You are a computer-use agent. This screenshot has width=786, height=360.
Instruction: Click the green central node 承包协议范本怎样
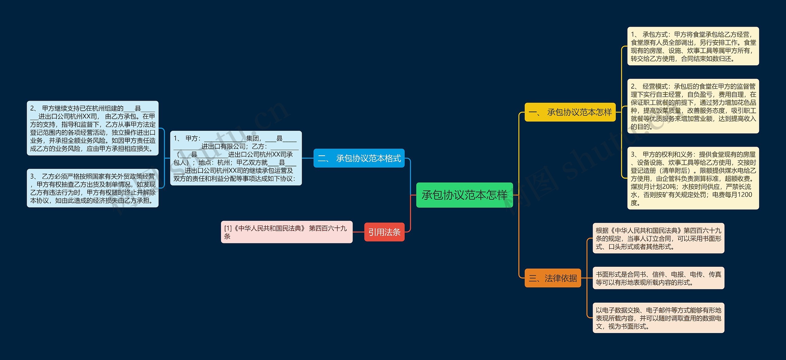[x=464, y=195]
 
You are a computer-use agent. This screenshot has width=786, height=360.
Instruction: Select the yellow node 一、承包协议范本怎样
[x=570, y=112]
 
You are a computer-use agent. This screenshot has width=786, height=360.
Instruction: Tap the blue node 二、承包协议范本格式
[x=359, y=158]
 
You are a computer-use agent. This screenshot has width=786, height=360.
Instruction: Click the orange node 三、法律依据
[x=553, y=278]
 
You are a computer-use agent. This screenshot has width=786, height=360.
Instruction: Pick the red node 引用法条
[x=384, y=232]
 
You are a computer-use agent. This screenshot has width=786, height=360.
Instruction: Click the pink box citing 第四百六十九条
[x=286, y=232]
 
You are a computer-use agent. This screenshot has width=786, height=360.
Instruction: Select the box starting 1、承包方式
[x=693, y=46]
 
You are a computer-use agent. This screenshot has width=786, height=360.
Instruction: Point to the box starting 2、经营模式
[x=693, y=106]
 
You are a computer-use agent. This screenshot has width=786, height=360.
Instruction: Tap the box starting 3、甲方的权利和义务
[x=693, y=178]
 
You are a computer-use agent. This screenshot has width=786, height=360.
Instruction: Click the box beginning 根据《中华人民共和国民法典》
[x=658, y=238]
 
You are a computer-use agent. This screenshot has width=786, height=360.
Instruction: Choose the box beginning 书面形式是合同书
[x=658, y=278]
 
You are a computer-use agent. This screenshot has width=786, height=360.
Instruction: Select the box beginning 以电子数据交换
[x=658, y=318]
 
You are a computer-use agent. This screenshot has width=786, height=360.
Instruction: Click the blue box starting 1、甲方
[x=236, y=158]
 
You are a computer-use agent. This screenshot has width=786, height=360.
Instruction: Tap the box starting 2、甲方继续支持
[x=93, y=128]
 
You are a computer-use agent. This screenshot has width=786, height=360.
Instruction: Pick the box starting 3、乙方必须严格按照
[x=93, y=188]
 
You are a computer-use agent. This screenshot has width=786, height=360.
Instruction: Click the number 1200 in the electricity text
[x=745, y=195]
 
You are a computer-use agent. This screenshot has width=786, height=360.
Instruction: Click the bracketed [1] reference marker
[x=228, y=228]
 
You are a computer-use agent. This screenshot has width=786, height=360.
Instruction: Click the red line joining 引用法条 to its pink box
[x=358, y=232]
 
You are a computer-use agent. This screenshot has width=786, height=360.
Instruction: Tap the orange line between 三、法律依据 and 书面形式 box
[x=587, y=278]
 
